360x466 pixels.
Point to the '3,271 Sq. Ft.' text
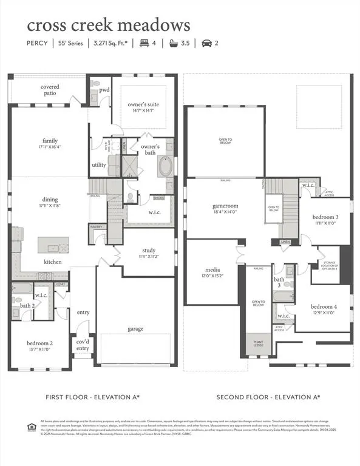(117, 43)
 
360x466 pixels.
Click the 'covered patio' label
(50, 90)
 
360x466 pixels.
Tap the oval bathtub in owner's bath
(166, 166)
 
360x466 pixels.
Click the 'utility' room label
(99, 164)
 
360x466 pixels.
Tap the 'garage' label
(135, 329)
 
